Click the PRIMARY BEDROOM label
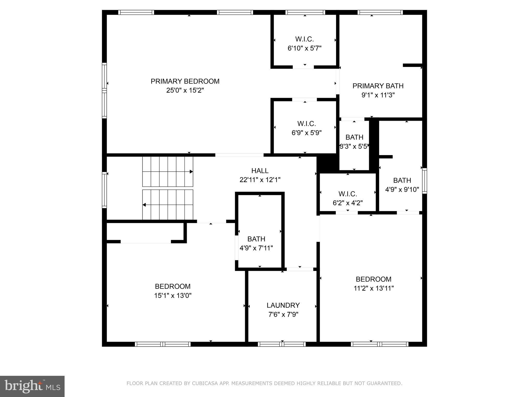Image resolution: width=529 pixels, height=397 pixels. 185,81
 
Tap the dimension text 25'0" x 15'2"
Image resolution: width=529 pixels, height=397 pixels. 185,90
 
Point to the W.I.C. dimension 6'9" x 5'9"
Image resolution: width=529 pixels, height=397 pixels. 306,133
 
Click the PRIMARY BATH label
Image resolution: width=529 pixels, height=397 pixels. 378,86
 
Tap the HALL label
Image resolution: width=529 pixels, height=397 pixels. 260,171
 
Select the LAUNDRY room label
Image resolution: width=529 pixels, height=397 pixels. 283,305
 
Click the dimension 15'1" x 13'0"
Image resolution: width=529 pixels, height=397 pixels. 173,295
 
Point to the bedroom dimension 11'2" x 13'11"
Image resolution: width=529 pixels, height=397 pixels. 374,288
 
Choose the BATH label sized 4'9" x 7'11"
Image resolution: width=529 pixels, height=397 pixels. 256,239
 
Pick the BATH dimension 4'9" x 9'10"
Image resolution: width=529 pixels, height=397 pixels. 402,189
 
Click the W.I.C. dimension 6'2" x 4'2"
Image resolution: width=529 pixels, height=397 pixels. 348,203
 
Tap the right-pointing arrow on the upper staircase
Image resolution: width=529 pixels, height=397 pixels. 191,172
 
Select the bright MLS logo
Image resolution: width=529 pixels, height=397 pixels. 32,386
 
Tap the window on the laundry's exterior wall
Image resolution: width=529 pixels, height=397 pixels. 282,344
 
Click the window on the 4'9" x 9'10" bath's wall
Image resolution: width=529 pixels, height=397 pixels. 424,181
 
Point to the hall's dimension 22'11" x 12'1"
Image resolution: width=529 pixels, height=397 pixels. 260,180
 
